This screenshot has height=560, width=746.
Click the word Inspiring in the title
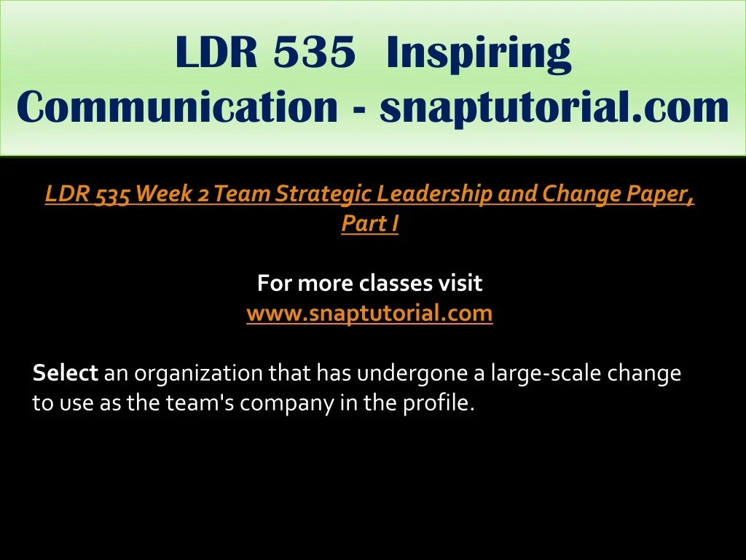(x=479, y=53)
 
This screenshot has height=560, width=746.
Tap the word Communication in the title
(x=178, y=106)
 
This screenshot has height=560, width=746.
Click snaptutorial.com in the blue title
(x=554, y=109)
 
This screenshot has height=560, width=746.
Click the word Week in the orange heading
(x=164, y=193)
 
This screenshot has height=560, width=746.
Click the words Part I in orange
(x=369, y=223)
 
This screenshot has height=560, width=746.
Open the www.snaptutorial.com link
(x=369, y=314)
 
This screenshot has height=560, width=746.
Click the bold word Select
(x=65, y=373)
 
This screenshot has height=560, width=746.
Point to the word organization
(x=198, y=374)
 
